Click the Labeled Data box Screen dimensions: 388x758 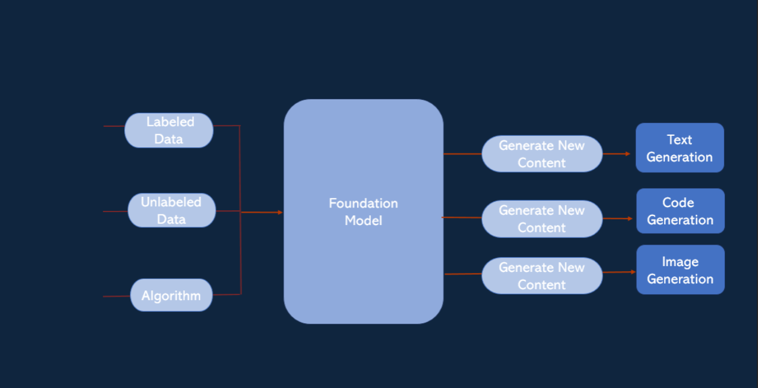click(169, 130)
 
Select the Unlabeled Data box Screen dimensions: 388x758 click(172, 210)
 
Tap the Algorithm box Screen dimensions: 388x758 click(171, 295)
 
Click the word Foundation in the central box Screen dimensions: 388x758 click(363, 203)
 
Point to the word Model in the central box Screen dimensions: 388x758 click(363, 221)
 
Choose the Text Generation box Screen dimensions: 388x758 click(679, 148)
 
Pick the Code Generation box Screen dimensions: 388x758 click(680, 211)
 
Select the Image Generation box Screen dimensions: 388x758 click(680, 270)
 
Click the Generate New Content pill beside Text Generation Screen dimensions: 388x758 click(542, 154)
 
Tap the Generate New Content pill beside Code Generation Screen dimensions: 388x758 click(542, 219)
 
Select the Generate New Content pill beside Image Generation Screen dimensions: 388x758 click(542, 276)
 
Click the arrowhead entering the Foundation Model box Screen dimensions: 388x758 click(280, 213)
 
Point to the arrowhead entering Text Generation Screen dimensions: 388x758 click(628, 153)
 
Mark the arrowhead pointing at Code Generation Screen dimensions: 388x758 click(630, 218)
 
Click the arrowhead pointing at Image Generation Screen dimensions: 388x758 click(633, 272)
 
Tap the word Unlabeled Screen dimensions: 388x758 click(171, 202)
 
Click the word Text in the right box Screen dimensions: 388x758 click(679, 139)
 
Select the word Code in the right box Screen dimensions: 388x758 click(678, 202)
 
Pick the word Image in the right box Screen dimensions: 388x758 click(680, 262)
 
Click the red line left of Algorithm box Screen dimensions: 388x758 click(116, 296)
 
